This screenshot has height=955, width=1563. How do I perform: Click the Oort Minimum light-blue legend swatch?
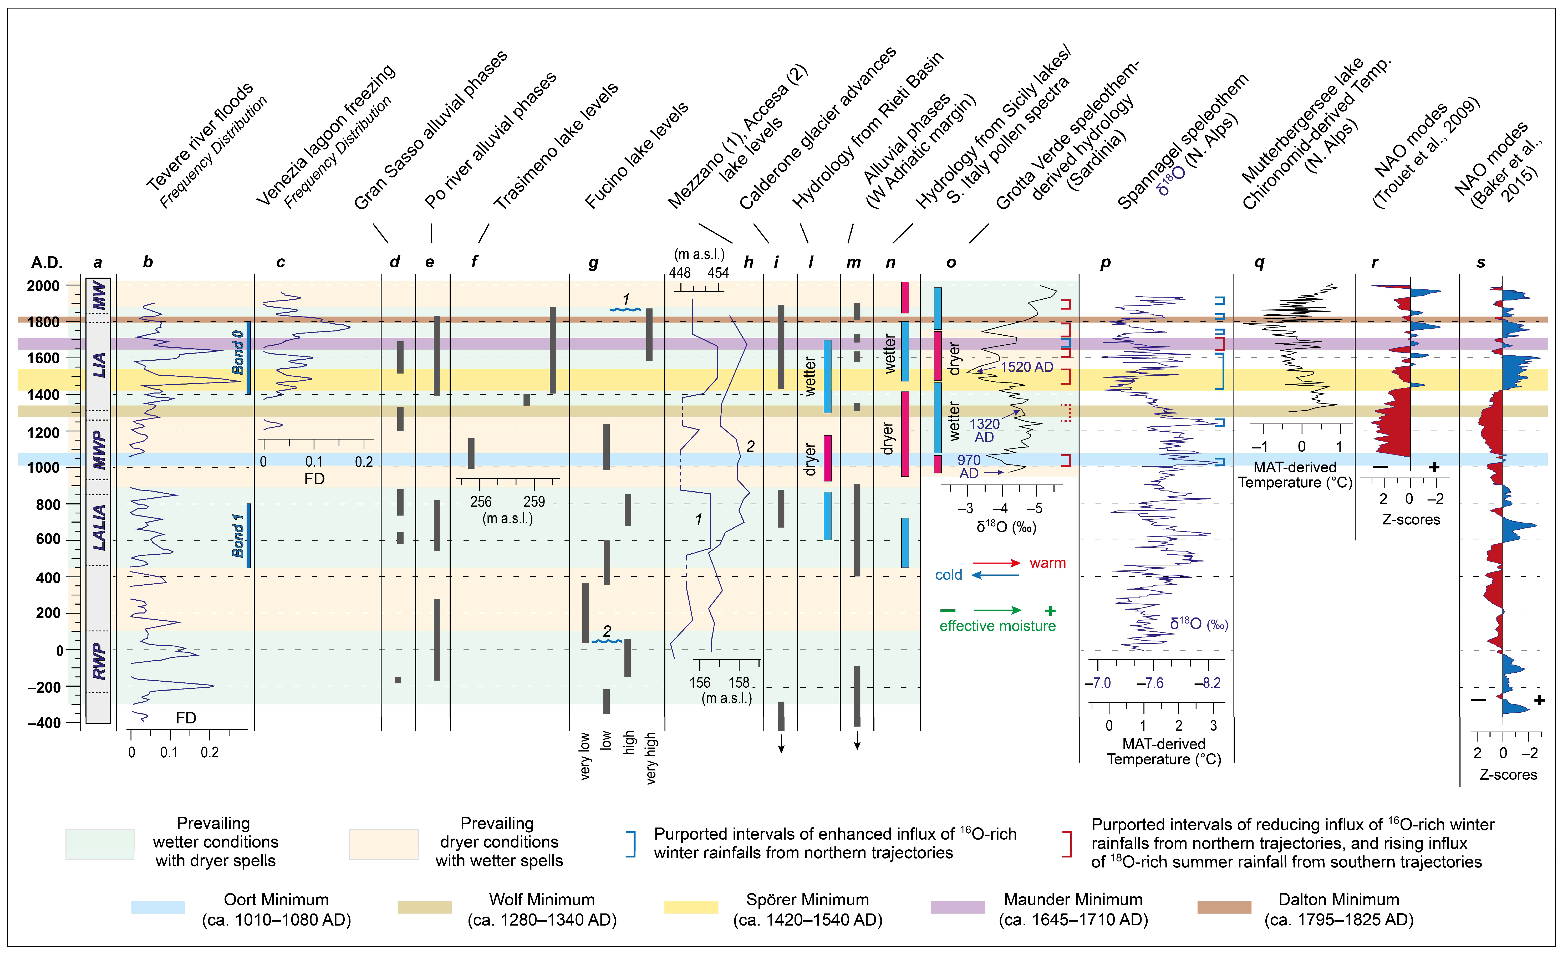158,907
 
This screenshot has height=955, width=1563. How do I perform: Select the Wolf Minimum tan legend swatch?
424,907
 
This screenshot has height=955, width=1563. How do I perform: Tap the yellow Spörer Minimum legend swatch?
691,907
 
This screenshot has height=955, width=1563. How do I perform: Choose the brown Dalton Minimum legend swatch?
1224,907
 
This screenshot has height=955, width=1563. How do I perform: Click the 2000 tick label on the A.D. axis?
43,286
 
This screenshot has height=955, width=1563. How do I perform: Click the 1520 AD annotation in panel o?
1026,367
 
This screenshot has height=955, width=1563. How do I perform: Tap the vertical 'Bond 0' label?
238,353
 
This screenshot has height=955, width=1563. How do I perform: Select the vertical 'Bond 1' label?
238,536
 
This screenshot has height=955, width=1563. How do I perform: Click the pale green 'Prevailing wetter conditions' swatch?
100,844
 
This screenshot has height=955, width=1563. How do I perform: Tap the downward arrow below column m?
857,741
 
